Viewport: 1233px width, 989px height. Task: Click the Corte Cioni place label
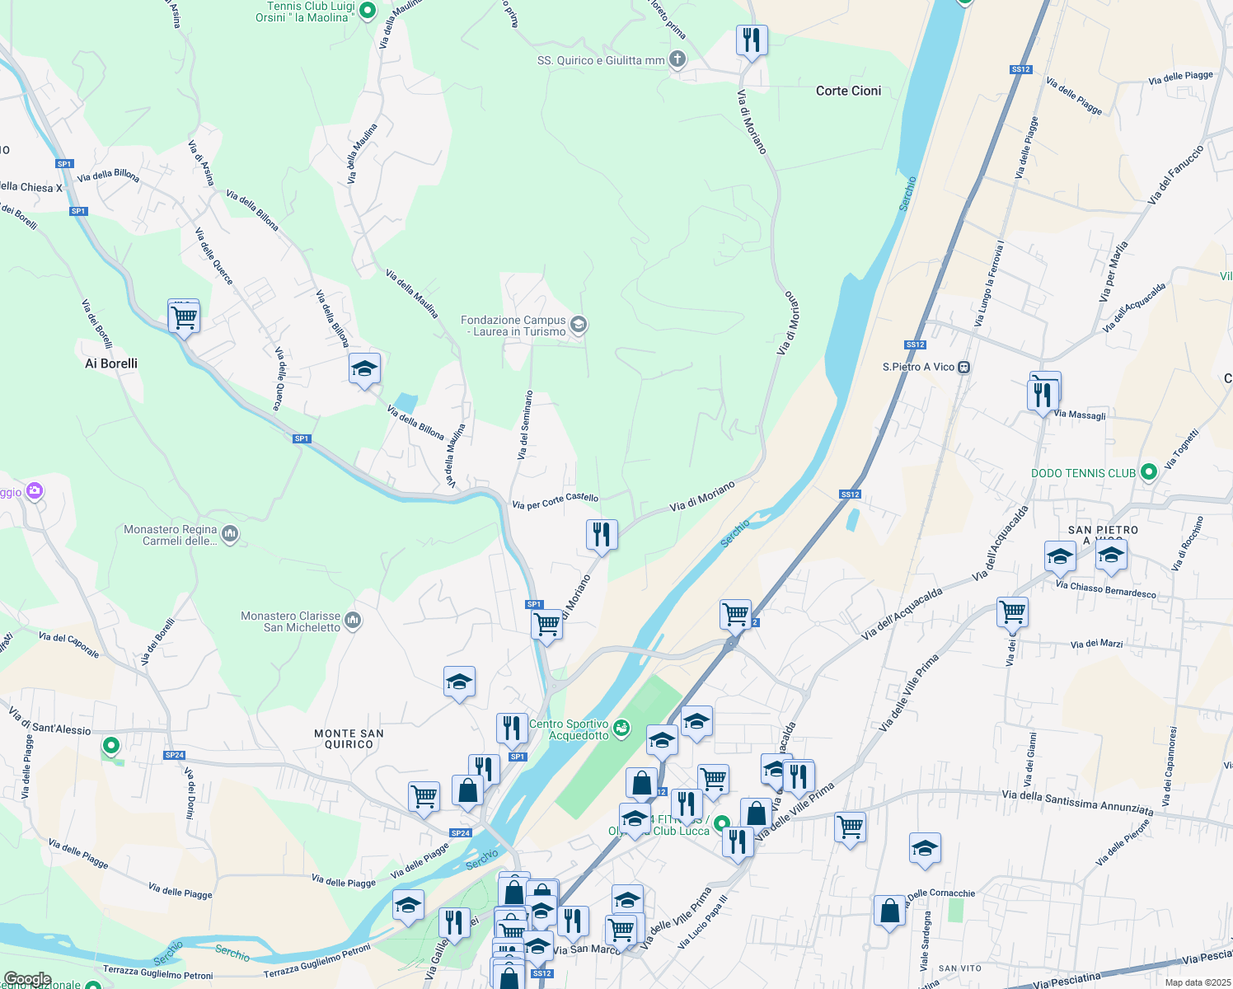(x=848, y=91)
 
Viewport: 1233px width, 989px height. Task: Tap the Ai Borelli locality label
(x=111, y=363)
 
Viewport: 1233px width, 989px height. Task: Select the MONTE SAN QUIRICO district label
(x=349, y=738)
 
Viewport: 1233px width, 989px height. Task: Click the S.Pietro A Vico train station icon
(x=963, y=367)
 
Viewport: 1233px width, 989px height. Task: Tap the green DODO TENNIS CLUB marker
(x=1148, y=472)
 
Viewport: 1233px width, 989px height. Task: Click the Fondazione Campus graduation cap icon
(x=579, y=325)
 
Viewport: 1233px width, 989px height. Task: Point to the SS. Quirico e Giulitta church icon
(x=677, y=59)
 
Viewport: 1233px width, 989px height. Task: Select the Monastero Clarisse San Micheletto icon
(x=353, y=621)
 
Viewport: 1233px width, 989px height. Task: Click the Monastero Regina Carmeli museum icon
(x=230, y=534)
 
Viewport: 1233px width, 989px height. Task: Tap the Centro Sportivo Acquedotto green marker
(x=621, y=728)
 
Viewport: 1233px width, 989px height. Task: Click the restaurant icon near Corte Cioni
(x=752, y=40)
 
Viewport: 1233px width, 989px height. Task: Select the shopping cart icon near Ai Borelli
(x=184, y=316)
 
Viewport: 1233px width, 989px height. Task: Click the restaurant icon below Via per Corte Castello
(x=602, y=535)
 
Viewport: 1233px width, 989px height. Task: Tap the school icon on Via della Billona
(x=364, y=369)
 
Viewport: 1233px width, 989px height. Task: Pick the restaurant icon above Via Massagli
(x=1043, y=393)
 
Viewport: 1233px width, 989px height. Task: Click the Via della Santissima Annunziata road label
(x=1076, y=802)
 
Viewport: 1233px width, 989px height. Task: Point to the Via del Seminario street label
(x=524, y=424)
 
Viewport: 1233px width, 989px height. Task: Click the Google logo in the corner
(x=27, y=979)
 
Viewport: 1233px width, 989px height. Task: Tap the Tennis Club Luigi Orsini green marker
(x=368, y=11)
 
